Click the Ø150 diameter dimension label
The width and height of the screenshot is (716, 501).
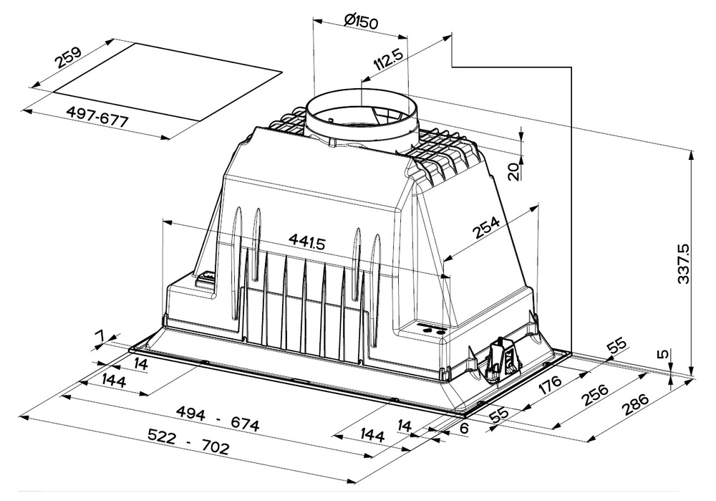tap(362, 21)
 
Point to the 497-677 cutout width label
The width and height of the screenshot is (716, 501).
tap(97, 116)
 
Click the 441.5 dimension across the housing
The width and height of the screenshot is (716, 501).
tap(306, 242)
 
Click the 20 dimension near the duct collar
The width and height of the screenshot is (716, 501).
tap(514, 171)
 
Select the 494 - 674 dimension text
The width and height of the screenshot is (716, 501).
tap(218, 419)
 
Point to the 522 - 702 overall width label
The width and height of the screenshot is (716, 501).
tap(188, 441)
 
